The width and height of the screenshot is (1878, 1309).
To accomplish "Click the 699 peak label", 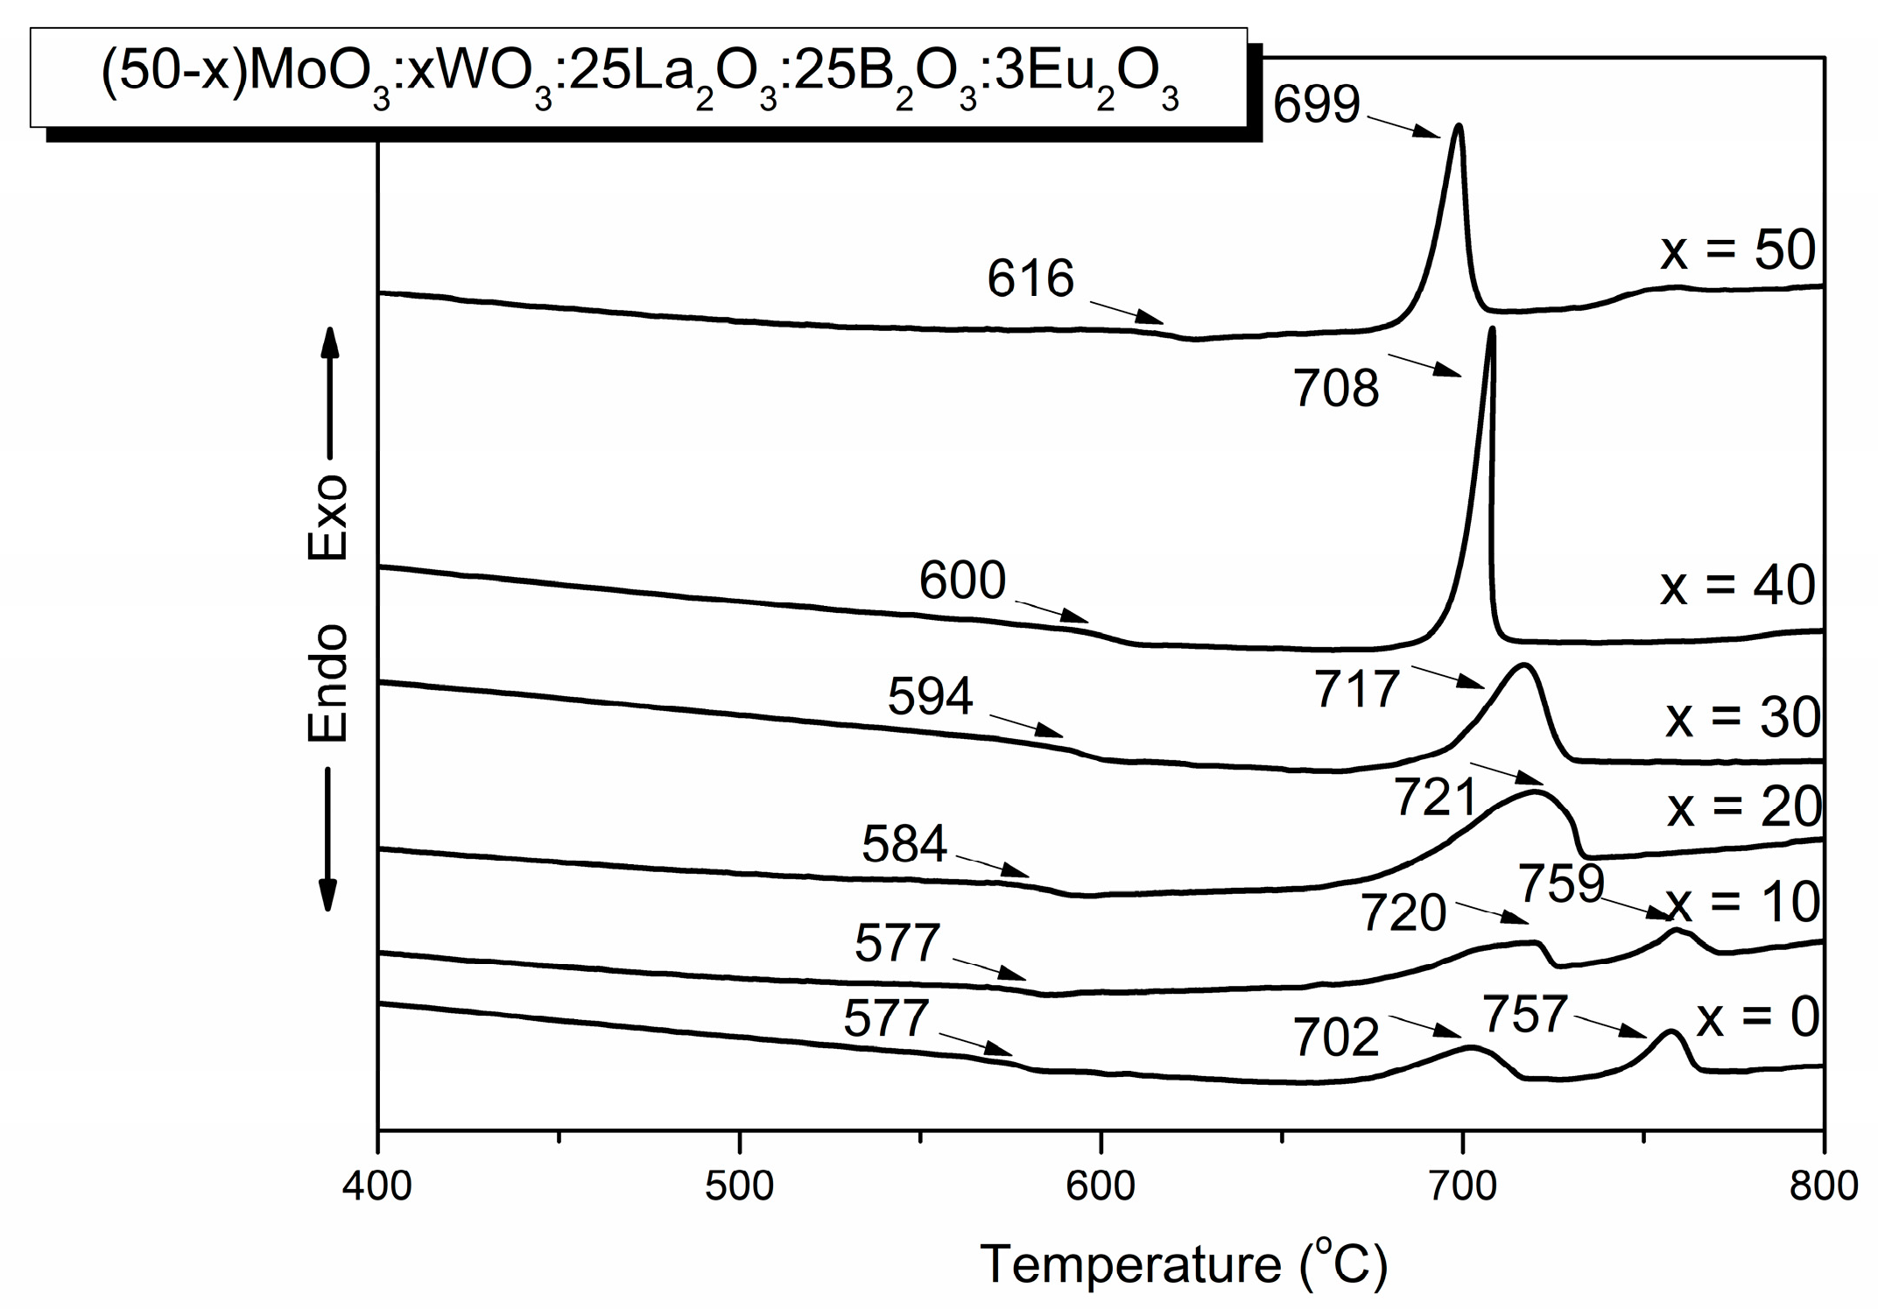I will pyautogui.click(x=1316, y=105).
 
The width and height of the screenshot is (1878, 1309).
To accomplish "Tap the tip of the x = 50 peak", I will pyautogui.click(x=1458, y=126).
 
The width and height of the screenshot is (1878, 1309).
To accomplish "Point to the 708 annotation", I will pyautogui.click(x=1336, y=389).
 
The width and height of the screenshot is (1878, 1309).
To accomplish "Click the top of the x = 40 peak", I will pyautogui.click(x=1491, y=329).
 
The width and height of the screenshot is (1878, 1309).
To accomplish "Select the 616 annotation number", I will pyautogui.click(x=1030, y=280).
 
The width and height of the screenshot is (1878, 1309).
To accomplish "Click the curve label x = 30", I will pyautogui.click(x=1742, y=718).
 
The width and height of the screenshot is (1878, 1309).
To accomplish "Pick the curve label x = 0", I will pyautogui.click(x=1758, y=1018).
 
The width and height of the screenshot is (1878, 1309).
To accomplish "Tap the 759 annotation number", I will pyautogui.click(x=1561, y=883).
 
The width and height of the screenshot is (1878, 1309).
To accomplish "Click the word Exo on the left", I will pyautogui.click(x=328, y=518).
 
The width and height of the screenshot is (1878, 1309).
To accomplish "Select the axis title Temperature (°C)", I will pyautogui.click(x=1184, y=1264).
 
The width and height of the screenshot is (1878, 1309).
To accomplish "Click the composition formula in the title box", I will pyautogui.click(x=639, y=78).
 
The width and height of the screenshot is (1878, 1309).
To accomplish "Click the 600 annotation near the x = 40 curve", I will pyautogui.click(x=962, y=581).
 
